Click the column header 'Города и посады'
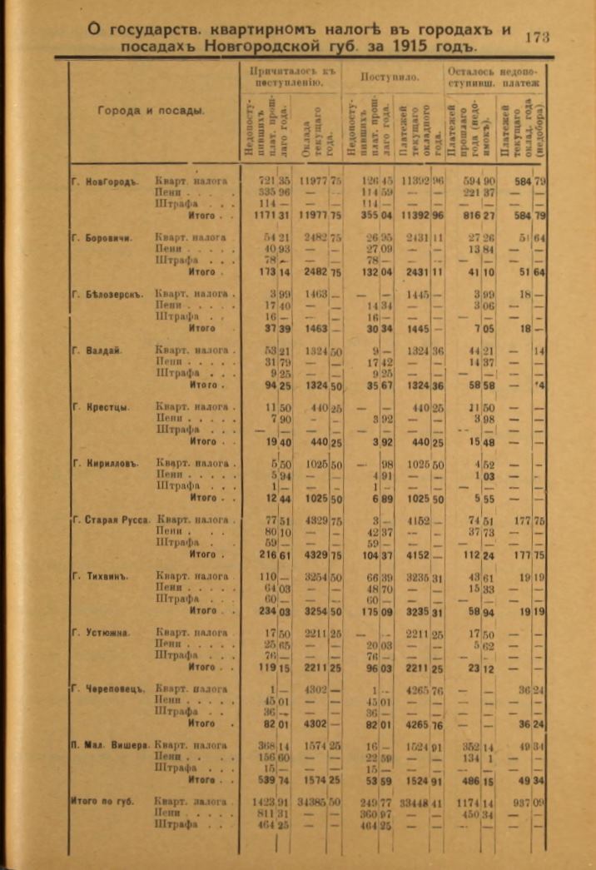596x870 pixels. click(x=151, y=112)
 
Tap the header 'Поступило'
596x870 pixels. click(x=390, y=77)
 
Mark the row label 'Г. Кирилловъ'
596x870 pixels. click(x=105, y=464)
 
